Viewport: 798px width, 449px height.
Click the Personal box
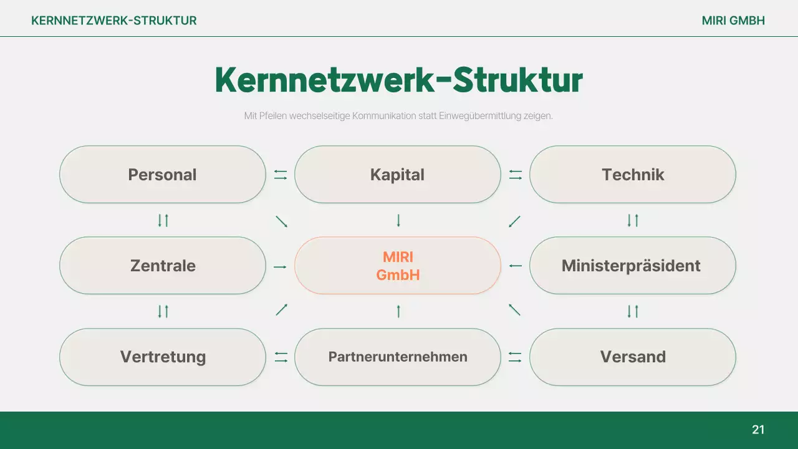162,175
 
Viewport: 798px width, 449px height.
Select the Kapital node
397,175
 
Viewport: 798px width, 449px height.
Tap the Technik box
632,175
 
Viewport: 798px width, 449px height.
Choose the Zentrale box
162,266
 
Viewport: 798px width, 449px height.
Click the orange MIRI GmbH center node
397,266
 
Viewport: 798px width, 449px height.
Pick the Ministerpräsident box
632,266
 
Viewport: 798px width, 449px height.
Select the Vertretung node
162,357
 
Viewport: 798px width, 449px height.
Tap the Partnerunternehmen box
397,357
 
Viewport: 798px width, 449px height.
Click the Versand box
632,357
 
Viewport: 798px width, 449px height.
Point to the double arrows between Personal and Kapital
281,175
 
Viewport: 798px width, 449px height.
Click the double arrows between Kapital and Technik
515,175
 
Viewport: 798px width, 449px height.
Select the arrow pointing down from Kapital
398,220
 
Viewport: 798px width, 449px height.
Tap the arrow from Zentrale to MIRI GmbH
280,267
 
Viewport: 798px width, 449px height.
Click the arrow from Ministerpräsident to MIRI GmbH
515,266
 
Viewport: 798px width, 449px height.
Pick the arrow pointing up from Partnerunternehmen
398,311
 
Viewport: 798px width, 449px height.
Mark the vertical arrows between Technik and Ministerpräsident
633,220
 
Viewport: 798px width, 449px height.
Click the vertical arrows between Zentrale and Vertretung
163,311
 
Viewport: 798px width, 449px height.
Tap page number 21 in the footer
758,430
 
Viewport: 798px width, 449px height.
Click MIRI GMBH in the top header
733,21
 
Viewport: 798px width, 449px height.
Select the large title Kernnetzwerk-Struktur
398,80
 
